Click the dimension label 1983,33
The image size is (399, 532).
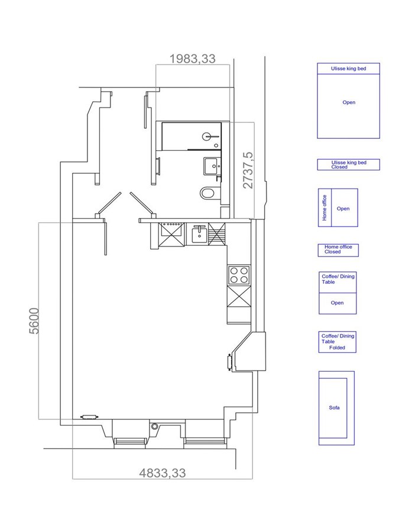192,59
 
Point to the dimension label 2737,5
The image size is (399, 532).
248,170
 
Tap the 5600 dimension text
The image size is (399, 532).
34,320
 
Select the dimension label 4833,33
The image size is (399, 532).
163,473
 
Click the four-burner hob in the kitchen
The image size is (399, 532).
239,275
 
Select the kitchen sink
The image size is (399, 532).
199,233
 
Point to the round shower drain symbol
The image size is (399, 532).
207,137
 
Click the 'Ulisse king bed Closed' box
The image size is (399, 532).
348,164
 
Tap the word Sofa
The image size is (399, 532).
334,407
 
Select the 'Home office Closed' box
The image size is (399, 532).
338,250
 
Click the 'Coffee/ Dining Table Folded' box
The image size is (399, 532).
338,342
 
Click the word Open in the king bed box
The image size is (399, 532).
349,102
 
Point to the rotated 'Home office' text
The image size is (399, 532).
325,207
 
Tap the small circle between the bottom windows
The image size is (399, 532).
155,426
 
